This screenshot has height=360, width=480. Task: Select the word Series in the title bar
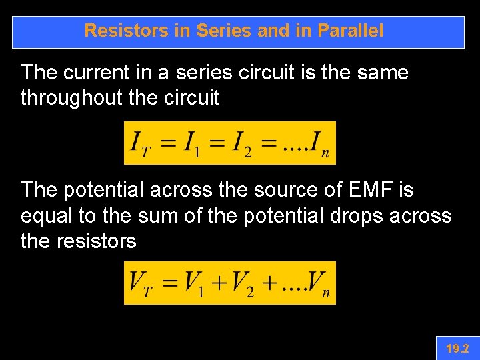pyautogui.click(x=220, y=31)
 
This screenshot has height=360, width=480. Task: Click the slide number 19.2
pyautogui.click(x=457, y=349)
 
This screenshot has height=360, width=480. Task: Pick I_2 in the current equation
pyautogui.click(x=241, y=143)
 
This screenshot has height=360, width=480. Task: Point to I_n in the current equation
pyautogui.click(x=318, y=143)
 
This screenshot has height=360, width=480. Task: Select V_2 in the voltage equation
pyautogui.click(x=241, y=283)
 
